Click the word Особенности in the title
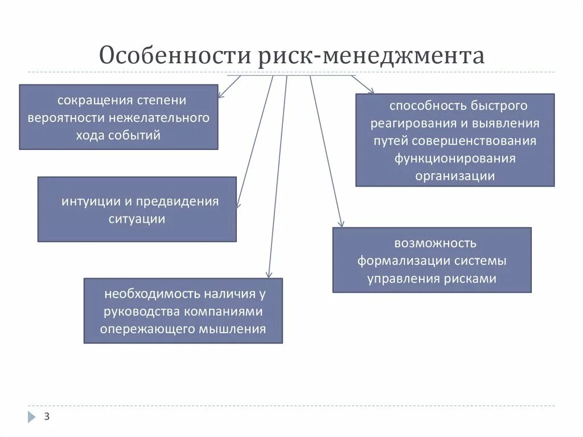175,56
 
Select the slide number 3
47,417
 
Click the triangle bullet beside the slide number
31,417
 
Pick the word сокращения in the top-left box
95,100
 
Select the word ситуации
137,219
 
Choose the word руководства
141,312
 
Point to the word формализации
404,262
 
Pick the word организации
455,175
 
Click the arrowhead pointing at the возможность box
342,225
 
